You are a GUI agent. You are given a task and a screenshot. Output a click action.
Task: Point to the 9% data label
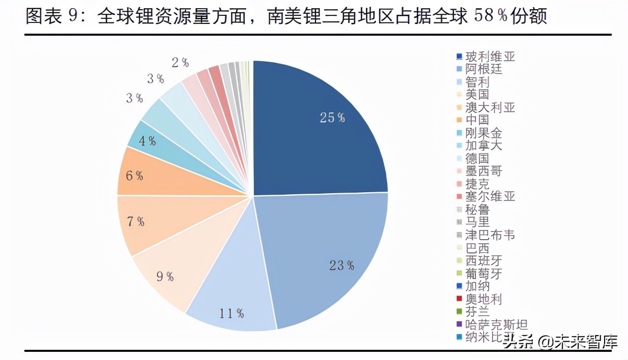pyautogui.click(x=165, y=277)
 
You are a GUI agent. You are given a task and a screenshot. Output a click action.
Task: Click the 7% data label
pyautogui.click(x=135, y=222)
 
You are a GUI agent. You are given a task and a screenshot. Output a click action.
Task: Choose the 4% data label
pyautogui.click(x=147, y=141)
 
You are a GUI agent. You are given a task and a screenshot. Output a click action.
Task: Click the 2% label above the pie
pyautogui.click(x=180, y=63)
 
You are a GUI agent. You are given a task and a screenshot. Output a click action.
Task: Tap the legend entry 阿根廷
pyautogui.click(x=484, y=69)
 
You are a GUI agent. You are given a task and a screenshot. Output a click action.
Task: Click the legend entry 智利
pyautogui.click(x=477, y=82)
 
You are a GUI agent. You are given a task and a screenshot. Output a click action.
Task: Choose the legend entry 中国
pyautogui.click(x=477, y=120)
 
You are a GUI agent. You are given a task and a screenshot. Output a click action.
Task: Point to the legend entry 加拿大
pyautogui.click(x=484, y=145)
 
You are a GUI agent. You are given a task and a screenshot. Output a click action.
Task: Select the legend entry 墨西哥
pyautogui.click(x=484, y=171)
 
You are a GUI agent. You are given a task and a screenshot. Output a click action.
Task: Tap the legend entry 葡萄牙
pyautogui.click(x=484, y=273)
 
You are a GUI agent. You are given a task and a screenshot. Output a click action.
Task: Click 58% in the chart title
pyautogui.click(x=491, y=17)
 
